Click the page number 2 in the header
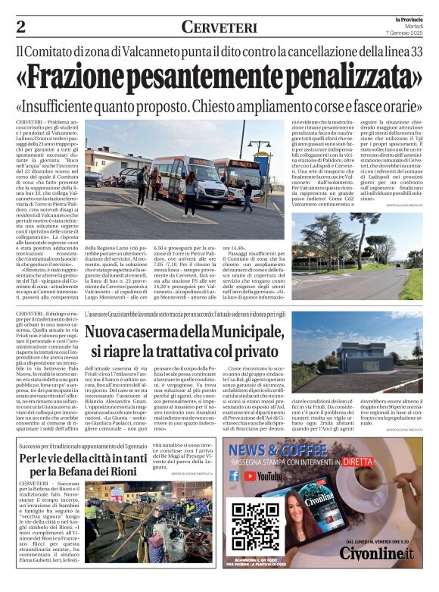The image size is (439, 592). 20,27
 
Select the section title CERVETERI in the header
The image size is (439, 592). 219,27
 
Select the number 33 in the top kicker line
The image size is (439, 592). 415,54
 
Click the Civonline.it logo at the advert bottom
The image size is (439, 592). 377,573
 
